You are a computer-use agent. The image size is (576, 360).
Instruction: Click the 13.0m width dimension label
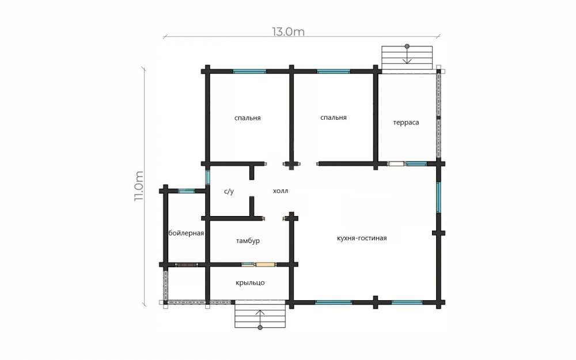coord(289,32)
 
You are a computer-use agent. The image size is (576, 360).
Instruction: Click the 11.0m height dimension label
coord(139,186)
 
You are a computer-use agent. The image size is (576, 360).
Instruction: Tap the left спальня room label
coord(248,118)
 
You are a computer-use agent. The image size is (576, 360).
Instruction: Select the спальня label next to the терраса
coord(334,118)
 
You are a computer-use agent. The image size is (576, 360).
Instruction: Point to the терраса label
coord(406,123)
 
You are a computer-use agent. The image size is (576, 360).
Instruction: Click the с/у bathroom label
coord(229,191)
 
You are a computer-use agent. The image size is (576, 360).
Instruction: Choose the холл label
coord(281,191)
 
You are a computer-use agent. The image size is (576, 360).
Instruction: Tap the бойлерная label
coord(186,233)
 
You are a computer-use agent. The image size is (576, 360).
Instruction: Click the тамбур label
coord(248,241)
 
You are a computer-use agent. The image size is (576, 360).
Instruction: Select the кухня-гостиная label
coord(362,238)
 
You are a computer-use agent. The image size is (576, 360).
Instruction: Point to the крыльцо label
coord(250,283)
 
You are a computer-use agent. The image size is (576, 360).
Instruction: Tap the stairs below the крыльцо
coord(260,314)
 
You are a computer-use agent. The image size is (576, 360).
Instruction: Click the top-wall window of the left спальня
coord(250,71)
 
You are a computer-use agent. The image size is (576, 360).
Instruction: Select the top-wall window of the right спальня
coord(334,71)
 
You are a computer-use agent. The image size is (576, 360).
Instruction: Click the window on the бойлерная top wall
coord(187,191)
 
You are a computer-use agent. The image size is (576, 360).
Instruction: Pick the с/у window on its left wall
coord(207,177)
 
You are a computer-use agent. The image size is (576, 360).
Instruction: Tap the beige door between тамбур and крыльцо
coord(265,264)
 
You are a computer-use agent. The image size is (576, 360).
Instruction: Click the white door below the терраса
coord(395,164)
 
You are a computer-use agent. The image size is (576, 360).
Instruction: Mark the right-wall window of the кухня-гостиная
coord(438,197)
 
